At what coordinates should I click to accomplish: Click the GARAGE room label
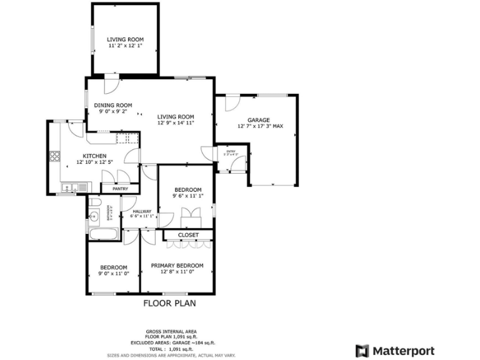258,119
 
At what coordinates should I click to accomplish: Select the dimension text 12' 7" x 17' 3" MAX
260,126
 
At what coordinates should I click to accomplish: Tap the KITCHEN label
95,156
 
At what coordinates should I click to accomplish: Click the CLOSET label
188,235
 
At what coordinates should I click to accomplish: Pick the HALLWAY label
142,211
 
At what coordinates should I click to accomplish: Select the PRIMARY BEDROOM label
177,265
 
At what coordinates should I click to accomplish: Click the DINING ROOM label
113,105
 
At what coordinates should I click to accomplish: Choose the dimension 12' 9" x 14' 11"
176,123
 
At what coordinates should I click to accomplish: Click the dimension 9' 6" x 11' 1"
187,196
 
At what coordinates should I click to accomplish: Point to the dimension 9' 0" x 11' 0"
114,273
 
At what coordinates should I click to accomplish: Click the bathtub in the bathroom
103,234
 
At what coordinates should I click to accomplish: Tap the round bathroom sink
93,217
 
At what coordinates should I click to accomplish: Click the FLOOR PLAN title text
170,304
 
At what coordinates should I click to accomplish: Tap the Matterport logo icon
362,351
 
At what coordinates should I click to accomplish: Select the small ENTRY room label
222,149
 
